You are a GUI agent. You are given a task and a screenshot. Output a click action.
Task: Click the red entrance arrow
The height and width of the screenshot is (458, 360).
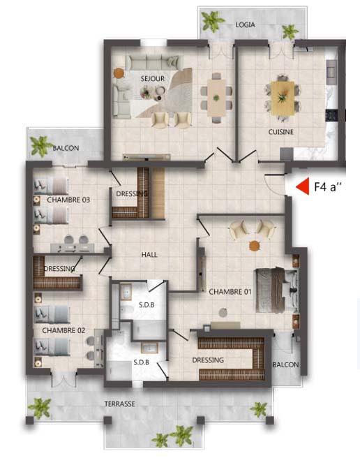click(303, 186)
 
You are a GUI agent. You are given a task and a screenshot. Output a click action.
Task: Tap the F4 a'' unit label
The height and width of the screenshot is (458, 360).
click(328, 186)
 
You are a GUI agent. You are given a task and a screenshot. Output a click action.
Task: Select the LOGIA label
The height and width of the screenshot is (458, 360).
click(246, 25)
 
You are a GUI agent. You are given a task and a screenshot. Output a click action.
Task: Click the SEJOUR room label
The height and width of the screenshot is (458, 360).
click(152, 79)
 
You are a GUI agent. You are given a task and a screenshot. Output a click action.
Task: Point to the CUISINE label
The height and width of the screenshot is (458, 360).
click(281, 132)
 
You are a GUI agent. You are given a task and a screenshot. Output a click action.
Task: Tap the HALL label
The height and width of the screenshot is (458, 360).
click(149, 255)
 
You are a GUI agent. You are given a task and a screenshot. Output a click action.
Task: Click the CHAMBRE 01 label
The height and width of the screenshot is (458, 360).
click(230, 292)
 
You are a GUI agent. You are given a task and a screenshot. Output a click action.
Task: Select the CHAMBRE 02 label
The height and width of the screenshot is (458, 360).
click(63, 330)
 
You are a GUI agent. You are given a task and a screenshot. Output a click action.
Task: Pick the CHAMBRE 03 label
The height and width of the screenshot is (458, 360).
click(68, 200)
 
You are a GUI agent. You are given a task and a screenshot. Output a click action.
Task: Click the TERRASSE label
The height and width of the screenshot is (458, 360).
click(120, 404)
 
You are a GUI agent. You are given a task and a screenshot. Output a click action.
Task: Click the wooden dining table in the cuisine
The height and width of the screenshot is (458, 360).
click(283, 98)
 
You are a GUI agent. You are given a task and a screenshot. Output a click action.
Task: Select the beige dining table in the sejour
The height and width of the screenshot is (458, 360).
click(216, 98)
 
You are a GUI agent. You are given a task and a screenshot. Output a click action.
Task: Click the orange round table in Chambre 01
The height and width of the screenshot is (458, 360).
click(255, 246)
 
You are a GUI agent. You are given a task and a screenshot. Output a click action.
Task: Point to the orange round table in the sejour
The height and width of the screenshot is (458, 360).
click(118, 73)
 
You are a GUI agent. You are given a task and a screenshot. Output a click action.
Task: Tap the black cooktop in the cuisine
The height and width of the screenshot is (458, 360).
click(331, 114)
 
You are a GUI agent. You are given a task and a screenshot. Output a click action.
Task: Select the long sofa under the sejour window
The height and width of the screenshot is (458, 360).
click(152, 62)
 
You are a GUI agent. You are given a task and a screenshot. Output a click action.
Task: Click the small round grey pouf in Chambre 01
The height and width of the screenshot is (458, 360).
click(223, 313)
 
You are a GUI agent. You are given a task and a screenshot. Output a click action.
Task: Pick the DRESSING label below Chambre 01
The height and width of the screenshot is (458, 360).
click(208, 360)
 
